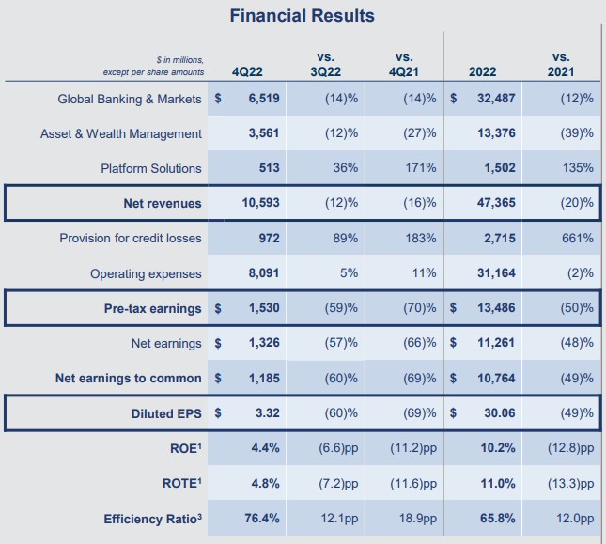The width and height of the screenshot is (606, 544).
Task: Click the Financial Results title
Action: pyautogui.click(x=303, y=16)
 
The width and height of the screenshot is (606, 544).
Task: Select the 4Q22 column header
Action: pyautogui.click(x=248, y=72)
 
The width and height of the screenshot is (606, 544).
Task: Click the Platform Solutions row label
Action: pyautogui.click(x=151, y=168)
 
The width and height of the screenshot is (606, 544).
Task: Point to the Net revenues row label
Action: pyautogui.click(x=163, y=203)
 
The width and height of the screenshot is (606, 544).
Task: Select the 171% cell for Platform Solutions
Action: pyautogui.click(x=420, y=168)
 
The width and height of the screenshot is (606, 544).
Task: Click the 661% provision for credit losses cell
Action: pyautogui.click(x=577, y=239)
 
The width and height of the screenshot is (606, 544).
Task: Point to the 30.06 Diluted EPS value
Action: pyautogui.click(x=500, y=413)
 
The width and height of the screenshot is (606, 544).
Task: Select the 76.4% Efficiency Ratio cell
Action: pyautogui.click(x=265, y=518)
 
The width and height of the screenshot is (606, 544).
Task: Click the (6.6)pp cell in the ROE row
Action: pyautogui.click(x=335, y=448)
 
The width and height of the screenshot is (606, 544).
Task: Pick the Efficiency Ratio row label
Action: pyautogui.click(x=152, y=518)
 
